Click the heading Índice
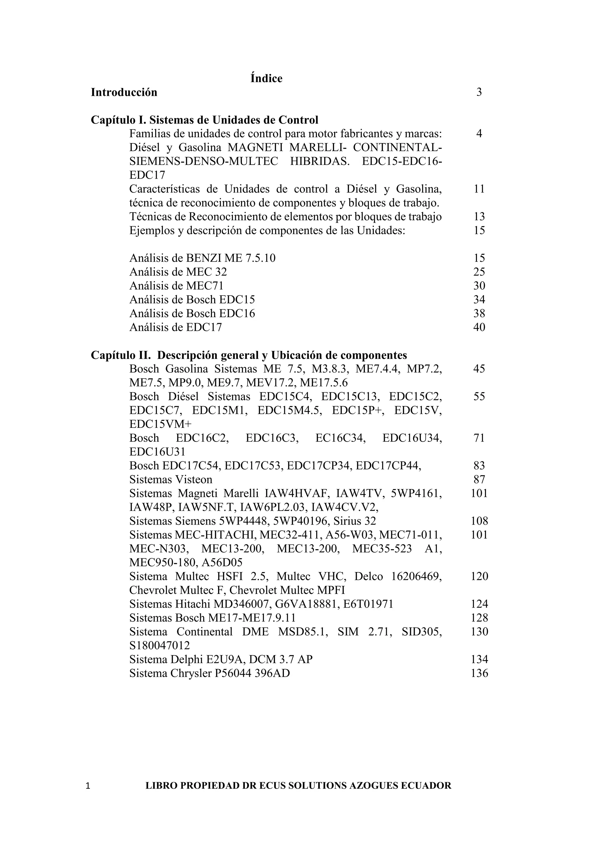click(266, 78)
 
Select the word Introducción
click(124, 92)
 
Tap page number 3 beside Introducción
click(479, 92)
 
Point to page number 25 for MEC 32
click(479, 272)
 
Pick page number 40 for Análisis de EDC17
click(479, 327)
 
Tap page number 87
click(479, 479)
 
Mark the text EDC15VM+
click(160, 424)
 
